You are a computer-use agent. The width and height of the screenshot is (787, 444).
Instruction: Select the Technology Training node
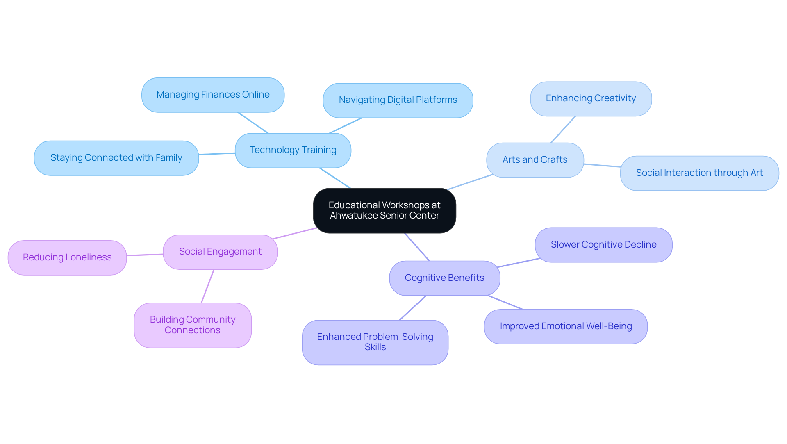point(293,150)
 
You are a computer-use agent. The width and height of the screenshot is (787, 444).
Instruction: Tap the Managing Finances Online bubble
point(213,95)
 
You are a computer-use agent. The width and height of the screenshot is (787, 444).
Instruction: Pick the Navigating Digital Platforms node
point(398,100)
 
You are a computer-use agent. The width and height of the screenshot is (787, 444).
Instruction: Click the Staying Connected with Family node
point(116,158)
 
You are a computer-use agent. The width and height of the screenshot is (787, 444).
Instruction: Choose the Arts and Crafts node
point(535,160)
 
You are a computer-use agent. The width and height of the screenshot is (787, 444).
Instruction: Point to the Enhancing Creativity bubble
point(590,98)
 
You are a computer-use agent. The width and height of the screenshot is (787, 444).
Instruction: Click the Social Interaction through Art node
point(699,173)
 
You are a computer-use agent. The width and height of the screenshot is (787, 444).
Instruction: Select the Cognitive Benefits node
point(444,278)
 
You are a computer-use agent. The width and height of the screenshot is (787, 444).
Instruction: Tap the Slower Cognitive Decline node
point(603,245)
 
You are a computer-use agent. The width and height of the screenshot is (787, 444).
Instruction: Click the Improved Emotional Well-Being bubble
point(565,326)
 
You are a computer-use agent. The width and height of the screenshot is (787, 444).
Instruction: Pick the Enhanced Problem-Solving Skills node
point(375,342)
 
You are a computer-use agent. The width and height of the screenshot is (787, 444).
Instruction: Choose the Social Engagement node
point(220,252)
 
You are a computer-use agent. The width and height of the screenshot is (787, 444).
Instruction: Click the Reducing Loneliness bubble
point(67,257)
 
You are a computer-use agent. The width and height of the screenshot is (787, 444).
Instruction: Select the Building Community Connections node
point(192,325)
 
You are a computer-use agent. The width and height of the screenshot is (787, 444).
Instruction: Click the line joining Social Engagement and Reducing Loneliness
point(145,255)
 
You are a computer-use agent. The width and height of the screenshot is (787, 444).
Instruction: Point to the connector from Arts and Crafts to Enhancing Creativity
point(563,130)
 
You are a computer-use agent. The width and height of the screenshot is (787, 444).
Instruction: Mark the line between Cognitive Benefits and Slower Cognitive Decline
point(519,263)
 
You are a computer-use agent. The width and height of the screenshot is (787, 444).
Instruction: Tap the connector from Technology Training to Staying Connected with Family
point(217,154)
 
